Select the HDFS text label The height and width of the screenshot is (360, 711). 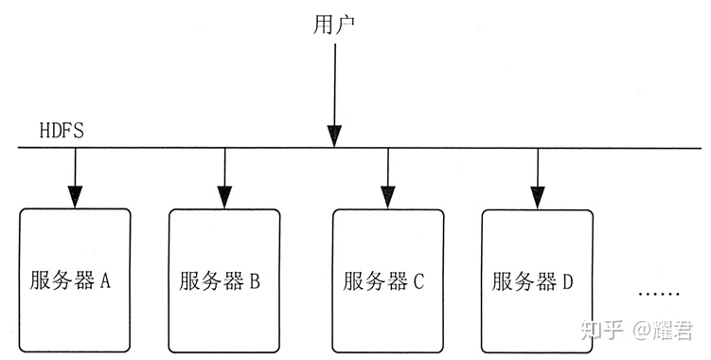pos(62,131)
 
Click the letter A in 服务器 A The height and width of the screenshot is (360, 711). pos(106,281)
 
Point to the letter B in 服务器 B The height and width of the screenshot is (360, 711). pos(255,281)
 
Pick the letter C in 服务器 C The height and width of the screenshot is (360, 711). pos(418,281)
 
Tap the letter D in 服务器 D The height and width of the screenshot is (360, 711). pos(568,281)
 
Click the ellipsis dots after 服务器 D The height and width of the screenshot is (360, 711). pos(658,294)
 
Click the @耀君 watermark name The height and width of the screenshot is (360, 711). pos(667,330)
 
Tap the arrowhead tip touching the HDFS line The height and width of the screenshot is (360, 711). pos(334,144)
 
